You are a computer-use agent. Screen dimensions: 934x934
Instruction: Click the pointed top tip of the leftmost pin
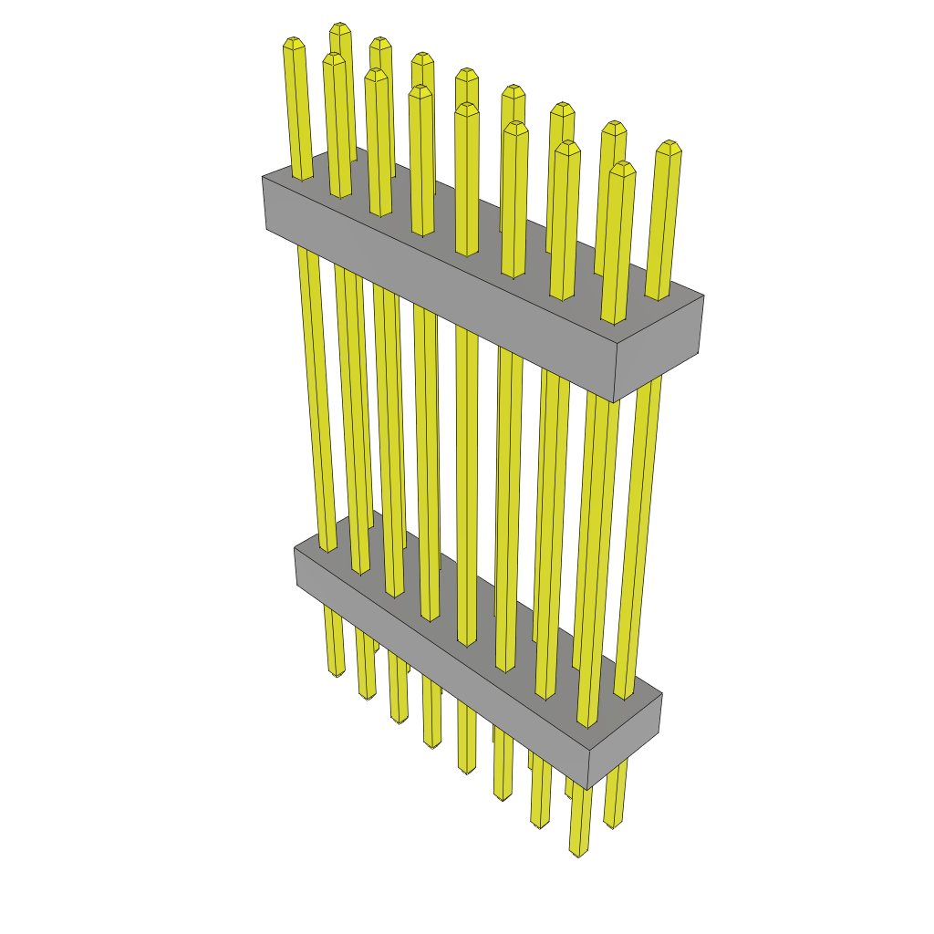coord(294,41)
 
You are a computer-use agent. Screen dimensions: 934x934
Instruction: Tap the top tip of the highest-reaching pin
coord(340,26)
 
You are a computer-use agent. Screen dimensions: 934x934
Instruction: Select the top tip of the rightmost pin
coord(670,144)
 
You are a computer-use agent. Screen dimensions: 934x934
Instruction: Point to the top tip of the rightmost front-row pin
coord(622,166)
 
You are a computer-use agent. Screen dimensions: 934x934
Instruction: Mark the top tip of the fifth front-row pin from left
coord(467,107)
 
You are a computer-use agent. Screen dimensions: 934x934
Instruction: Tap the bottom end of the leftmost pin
coord(337,673)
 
